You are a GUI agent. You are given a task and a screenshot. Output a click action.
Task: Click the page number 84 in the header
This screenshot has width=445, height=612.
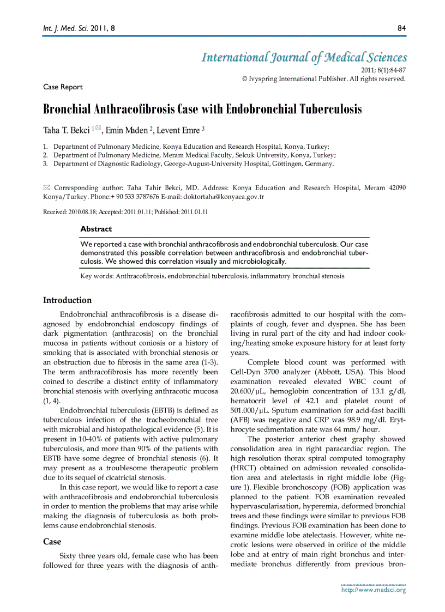coord(401,27)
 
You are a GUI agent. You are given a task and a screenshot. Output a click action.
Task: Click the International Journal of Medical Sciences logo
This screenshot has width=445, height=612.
coord(304,57)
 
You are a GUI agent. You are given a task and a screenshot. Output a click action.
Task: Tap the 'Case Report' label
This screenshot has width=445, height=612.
coord(63,87)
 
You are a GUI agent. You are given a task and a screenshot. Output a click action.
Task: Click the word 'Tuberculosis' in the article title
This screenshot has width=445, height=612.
coord(330,109)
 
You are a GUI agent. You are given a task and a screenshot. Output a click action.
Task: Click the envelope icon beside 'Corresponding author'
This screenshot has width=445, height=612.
coord(46,187)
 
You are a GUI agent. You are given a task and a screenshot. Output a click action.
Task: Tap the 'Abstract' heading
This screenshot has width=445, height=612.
coord(96,229)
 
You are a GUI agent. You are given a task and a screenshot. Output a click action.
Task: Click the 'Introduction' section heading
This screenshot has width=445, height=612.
coord(68,300)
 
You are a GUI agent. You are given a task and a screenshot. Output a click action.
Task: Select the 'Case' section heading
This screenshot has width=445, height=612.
coord(52,542)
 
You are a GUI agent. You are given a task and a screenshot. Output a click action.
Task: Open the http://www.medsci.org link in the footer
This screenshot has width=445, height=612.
coord(374,590)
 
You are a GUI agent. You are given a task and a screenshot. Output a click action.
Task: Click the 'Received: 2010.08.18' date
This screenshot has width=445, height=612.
coord(73,211)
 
